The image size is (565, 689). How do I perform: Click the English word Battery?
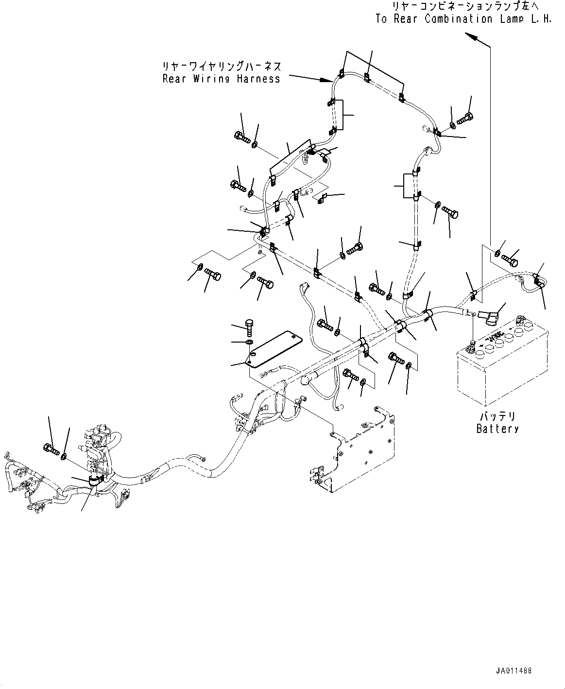497,429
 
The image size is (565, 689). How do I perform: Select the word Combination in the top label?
458,19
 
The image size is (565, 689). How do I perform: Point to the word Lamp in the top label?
512,19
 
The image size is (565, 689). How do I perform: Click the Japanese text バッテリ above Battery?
498,416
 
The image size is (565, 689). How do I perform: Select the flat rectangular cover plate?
275,349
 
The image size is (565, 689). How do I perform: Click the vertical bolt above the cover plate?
249,327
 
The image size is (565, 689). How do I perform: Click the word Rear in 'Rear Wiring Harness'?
174,79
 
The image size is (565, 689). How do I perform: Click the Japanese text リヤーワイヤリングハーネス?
222,66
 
